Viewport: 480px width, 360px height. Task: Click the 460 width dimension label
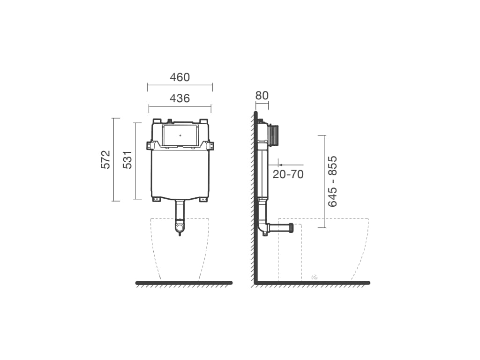click(x=180, y=77)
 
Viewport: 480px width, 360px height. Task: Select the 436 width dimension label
click(x=180, y=98)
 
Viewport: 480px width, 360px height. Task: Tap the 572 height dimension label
click(x=105, y=159)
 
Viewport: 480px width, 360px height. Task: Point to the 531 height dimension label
click(x=127, y=159)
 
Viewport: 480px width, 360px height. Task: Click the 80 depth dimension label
click(x=262, y=96)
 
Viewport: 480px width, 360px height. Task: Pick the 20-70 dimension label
click(x=288, y=174)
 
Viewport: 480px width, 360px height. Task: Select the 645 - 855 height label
click(x=332, y=181)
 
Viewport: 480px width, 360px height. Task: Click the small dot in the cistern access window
click(x=180, y=135)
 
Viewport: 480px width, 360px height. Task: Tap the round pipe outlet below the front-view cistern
click(x=180, y=228)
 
